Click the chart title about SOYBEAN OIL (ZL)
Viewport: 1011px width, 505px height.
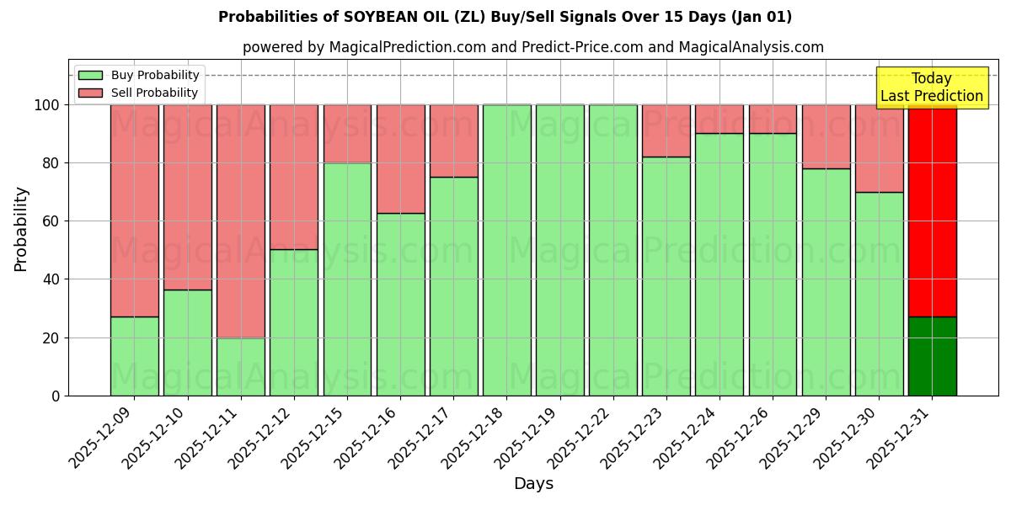tap(505, 17)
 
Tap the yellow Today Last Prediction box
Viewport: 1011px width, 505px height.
tap(932, 88)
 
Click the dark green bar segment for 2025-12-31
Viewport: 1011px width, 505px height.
tap(932, 356)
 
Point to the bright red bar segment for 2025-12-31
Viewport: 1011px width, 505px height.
tap(932, 210)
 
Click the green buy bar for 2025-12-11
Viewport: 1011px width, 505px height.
tap(241, 366)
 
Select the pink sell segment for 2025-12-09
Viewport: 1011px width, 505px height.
tap(135, 210)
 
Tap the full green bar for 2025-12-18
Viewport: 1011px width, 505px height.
tap(507, 250)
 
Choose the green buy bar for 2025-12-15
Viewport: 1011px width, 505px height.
tap(347, 279)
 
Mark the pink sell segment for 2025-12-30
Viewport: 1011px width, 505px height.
tap(879, 148)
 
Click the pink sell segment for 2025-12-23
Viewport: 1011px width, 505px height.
tap(666, 130)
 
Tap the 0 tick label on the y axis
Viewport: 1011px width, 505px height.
tap(56, 396)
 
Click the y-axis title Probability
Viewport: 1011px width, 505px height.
tap(21, 228)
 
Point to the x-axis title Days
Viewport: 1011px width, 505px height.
tap(533, 484)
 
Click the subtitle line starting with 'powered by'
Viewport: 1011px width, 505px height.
tap(532, 47)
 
